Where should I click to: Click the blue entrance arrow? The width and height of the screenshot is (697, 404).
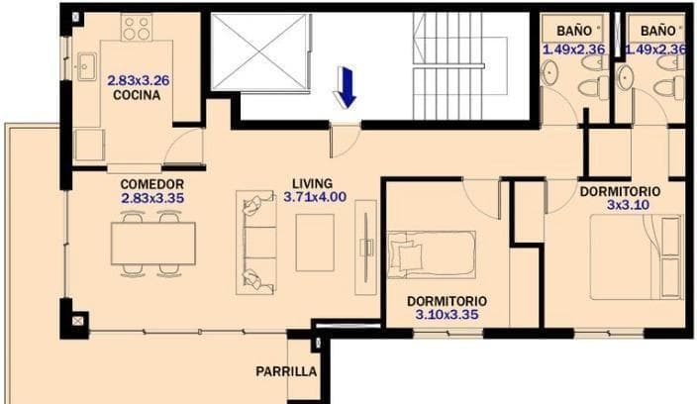coord(346,86)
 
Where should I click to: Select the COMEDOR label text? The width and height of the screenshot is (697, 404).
coord(152,184)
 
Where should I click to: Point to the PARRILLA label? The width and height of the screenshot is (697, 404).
coord(286,372)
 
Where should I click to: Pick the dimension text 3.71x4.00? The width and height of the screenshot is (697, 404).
coord(315,197)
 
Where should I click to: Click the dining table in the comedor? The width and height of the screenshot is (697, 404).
coord(152,242)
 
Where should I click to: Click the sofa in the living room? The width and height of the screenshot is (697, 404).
coord(258,241)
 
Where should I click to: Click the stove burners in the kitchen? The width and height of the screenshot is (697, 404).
coord(137,27)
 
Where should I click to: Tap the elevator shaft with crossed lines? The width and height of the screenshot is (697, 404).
coord(256,57)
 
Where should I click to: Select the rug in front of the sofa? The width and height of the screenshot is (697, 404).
coord(316,242)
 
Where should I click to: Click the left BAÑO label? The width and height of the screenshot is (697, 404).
coord(573,31)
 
